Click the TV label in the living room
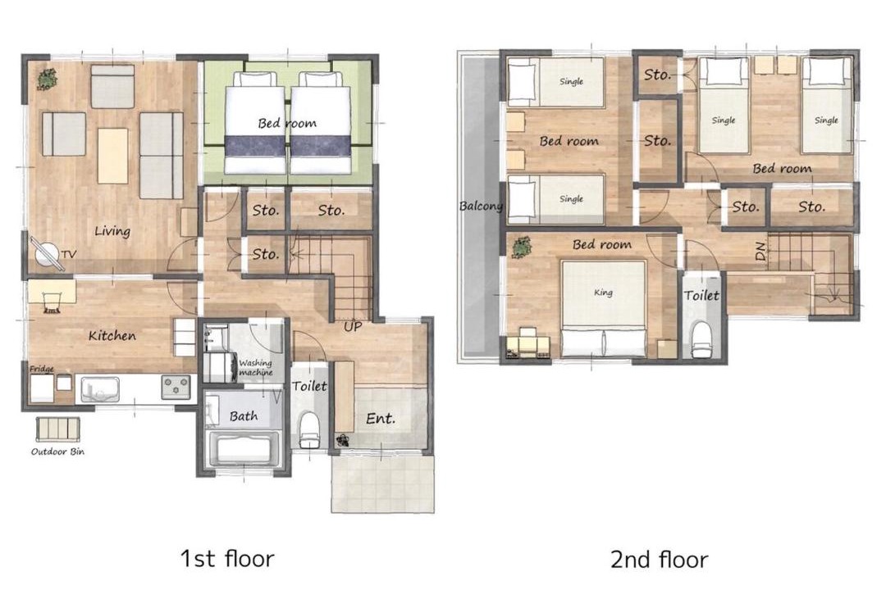(68, 255)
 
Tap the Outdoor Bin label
(57, 452)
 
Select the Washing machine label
(255, 368)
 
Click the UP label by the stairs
(353, 326)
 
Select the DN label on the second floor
(760, 252)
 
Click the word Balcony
(481, 206)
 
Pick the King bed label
(603, 293)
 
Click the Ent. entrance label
(381, 419)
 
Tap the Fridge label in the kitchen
(42, 370)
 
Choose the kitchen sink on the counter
(100, 389)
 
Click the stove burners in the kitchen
(176, 388)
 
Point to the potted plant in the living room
(48, 79)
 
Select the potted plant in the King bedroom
(521, 247)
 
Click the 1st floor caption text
(227, 558)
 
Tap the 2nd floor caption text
(660, 560)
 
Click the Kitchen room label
(112, 335)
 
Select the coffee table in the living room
(112, 156)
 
